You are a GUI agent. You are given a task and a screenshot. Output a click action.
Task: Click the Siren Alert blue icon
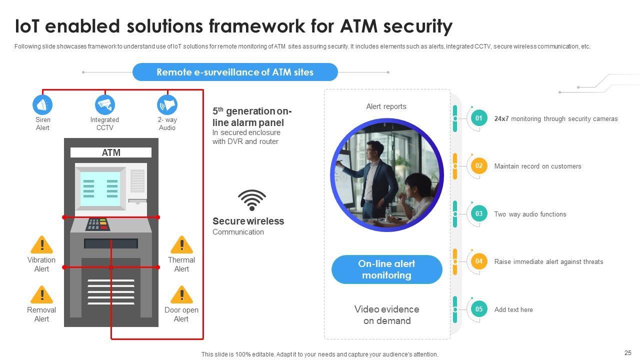[x=42, y=105]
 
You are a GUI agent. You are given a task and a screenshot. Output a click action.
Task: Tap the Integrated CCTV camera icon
[x=105, y=105]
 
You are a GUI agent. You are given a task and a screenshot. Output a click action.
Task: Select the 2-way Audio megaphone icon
[x=167, y=105]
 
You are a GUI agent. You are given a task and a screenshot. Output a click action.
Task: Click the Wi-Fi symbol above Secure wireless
[x=251, y=200]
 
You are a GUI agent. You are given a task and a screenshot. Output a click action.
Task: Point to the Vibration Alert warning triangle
[x=42, y=245]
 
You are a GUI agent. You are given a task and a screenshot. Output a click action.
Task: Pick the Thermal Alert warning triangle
[x=181, y=245]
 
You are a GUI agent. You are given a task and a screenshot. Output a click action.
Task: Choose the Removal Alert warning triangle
[x=42, y=295]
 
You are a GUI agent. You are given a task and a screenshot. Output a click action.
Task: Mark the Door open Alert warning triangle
[x=181, y=295]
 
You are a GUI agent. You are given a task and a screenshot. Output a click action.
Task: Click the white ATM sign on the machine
[x=111, y=152]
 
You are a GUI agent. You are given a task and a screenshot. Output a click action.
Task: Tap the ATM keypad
[x=98, y=224]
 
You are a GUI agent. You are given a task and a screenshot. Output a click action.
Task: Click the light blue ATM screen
[x=101, y=188]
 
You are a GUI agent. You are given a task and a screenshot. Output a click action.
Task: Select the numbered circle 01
[x=479, y=118]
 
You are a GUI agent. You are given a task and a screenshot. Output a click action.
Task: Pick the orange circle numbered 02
[x=479, y=166]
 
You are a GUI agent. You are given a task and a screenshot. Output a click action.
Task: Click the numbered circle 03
[x=479, y=214]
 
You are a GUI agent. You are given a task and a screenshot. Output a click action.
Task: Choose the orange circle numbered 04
[x=479, y=261]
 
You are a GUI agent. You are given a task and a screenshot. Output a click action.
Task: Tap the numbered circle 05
[x=479, y=309]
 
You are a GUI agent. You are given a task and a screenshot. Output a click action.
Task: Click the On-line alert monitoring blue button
[x=386, y=269]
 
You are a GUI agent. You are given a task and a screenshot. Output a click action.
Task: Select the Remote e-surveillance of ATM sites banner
[x=235, y=72]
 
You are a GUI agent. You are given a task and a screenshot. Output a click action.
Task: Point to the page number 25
[x=628, y=352]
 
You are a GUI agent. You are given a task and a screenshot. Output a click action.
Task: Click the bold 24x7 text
[x=501, y=119]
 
